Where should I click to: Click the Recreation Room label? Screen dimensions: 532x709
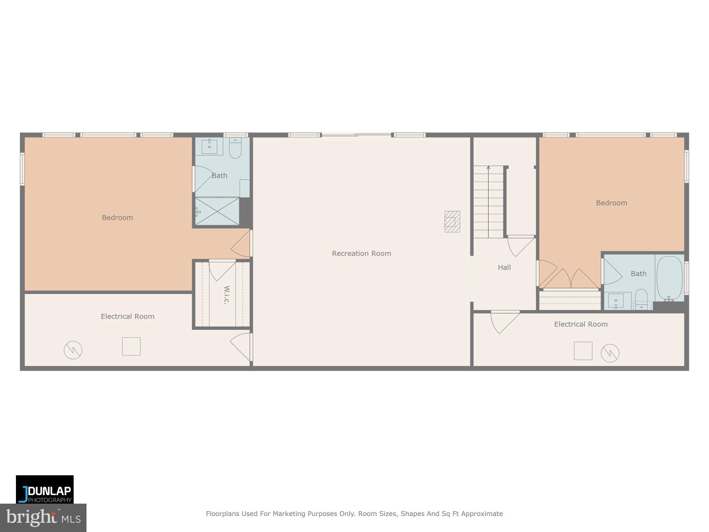coord(361,254)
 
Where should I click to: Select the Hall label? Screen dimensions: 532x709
coord(504,267)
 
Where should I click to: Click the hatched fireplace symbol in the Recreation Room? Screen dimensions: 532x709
coord(452,222)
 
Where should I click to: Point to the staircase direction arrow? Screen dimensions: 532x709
coord(488,168)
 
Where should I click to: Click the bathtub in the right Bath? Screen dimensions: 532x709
coord(669,278)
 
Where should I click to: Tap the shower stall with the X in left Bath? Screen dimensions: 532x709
coord(217,211)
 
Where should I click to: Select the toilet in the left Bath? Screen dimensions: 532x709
coord(235,148)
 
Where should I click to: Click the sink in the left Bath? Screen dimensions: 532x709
coord(209,146)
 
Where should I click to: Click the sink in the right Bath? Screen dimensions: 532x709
coord(616,301)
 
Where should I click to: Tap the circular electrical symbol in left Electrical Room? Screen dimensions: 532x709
coord(73,350)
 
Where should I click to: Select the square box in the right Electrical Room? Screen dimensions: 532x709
coord(583,351)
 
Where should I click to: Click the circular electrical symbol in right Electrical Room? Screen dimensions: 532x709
coord(610,353)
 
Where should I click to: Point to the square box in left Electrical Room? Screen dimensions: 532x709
coord(131,346)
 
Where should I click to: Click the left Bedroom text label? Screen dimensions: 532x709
coord(117,218)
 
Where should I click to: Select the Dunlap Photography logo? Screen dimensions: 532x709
coord(45,489)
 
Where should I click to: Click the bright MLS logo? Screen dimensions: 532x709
coord(43,518)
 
